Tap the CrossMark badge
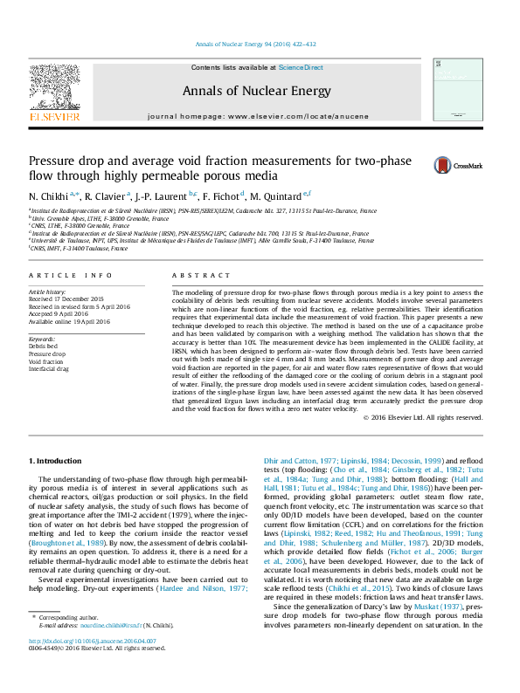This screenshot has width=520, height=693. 451,164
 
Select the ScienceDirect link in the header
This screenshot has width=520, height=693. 301,67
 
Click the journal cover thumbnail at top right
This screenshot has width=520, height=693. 457,89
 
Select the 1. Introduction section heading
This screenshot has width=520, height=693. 57,460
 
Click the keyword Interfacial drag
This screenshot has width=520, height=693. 50,369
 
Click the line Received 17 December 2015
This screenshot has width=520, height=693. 66,298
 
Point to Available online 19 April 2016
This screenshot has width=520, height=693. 70,321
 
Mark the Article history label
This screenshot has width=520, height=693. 48,291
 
